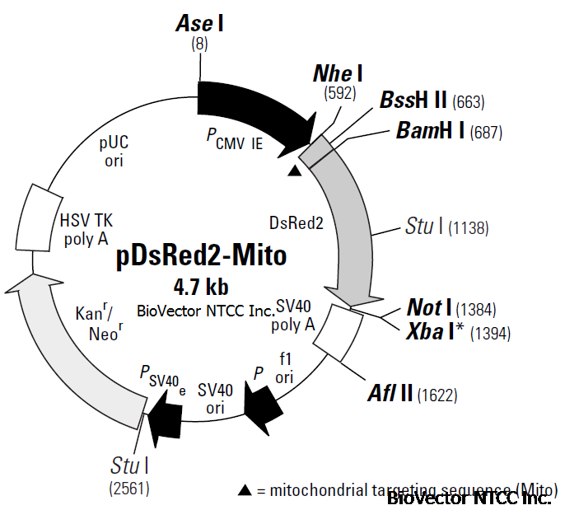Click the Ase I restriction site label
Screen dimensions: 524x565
tap(200, 23)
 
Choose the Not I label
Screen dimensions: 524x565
tap(429, 308)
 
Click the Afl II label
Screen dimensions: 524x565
tap(390, 394)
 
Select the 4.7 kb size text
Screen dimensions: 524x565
tap(201, 287)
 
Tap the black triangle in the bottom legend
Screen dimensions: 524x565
tap(245, 490)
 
